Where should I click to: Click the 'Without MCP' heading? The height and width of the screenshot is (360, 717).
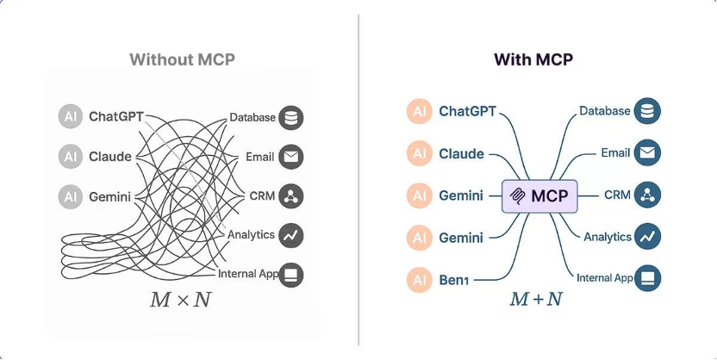182,59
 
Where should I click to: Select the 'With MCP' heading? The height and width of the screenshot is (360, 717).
533,59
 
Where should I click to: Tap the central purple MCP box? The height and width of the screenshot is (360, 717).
539,196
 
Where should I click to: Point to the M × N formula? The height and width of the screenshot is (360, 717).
181,301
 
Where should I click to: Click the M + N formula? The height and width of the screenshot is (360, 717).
535,300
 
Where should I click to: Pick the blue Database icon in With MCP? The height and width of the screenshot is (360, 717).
647,111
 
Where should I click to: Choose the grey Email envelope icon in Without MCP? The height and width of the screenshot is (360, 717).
291,157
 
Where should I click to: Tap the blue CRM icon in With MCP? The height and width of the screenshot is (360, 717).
647,196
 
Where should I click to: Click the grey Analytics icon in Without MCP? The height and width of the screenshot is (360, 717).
291,234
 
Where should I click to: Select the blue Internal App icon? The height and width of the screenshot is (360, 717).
647,277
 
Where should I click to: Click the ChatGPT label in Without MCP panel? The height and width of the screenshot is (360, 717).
116,117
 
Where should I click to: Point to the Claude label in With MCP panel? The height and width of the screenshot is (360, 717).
461,154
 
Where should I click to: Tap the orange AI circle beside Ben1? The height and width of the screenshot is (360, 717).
419,278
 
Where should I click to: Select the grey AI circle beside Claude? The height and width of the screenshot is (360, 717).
70,157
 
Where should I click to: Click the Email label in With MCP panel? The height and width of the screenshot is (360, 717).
615,153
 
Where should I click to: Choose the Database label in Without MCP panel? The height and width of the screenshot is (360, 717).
252,117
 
